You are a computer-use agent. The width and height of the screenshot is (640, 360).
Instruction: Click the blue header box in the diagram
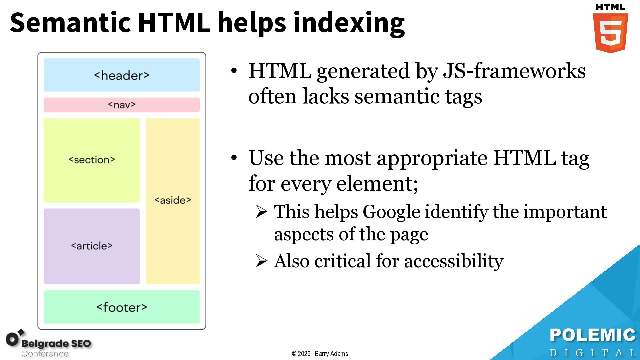[x=122, y=75]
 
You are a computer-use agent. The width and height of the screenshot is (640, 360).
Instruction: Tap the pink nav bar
[x=122, y=105]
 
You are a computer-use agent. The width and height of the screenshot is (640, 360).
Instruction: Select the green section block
[x=92, y=160]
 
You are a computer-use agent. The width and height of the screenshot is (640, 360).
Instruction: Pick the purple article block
[x=92, y=246]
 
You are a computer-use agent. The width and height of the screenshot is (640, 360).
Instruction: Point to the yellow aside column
[x=173, y=201]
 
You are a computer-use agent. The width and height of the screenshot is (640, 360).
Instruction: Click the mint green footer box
[x=122, y=307]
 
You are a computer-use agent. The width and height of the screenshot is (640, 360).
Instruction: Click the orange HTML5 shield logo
[x=610, y=32]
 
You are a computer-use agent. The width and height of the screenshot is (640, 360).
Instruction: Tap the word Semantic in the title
[x=70, y=23]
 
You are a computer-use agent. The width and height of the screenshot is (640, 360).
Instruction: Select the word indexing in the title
[x=349, y=23]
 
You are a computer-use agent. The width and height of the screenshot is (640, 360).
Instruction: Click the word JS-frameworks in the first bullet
[x=514, y=71]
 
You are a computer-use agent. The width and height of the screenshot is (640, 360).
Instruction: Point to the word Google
[x=391, y=212]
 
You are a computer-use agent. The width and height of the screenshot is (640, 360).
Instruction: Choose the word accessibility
[x=454, y=261]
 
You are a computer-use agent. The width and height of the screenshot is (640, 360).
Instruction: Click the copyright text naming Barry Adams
[x=320, y=354]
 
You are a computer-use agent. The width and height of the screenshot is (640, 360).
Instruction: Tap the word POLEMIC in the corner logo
[x=593, y=335]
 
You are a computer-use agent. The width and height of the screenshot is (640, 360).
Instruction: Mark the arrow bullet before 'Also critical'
[x=262, y=261]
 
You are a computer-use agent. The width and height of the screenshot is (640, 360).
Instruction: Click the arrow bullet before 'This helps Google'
[x=262, y=212]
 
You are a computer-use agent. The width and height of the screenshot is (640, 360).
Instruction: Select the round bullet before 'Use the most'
[x=234, y=158]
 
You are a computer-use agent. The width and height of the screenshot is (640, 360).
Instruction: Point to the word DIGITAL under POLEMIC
[x=593, y=353]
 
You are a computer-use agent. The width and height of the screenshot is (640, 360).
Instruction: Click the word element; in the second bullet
[x=377, y=184]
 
